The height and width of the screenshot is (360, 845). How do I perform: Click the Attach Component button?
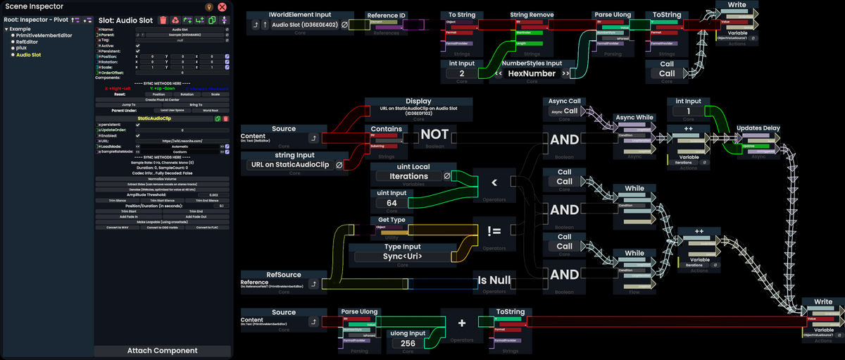162,350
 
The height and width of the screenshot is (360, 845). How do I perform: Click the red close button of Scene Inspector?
222,6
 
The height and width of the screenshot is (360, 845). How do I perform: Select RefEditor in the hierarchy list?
27,42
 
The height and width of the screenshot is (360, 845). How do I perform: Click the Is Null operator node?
494,280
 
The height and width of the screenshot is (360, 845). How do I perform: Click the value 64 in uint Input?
392,203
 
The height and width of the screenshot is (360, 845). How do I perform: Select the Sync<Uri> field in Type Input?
402,256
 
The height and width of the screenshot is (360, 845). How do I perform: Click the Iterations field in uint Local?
408,176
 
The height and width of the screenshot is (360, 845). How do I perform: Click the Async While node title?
634,117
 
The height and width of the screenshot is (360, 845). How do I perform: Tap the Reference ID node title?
387,15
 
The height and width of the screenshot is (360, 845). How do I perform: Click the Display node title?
418,101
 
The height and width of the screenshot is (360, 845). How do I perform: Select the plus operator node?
462,323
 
